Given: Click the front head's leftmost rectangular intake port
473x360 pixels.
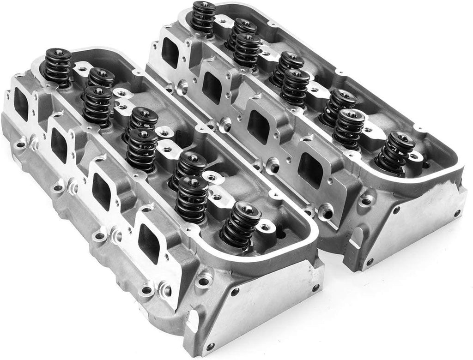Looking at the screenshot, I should [21, 104].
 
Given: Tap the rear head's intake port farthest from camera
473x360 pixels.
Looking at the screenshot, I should [170, 52].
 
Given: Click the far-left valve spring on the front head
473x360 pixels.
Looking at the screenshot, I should [58, 68].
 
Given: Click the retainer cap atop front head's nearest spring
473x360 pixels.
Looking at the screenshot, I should [242, 210].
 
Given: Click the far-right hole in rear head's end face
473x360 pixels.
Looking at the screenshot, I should [457, 213].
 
